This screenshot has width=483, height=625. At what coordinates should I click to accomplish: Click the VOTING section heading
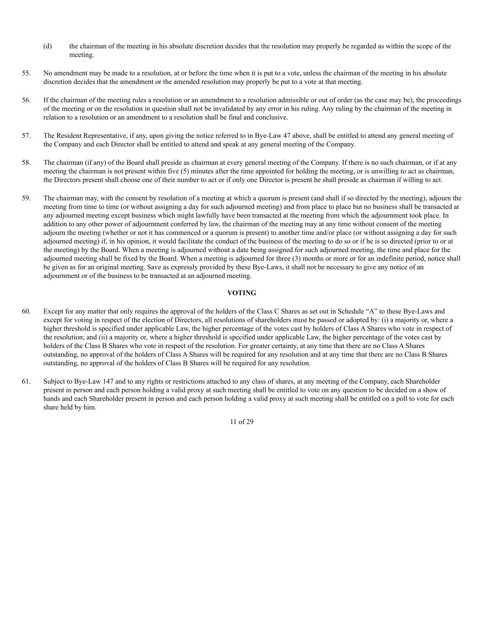click(x=242, y=293)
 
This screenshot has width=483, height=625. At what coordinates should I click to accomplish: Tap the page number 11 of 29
click(x=242, y=422)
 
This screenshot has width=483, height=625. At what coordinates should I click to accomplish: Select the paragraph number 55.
click(x=26, y=73)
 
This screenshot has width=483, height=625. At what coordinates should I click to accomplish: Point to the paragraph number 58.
click(x=26, y=163)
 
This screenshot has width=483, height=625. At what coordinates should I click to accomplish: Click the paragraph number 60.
click(x=26, y=311)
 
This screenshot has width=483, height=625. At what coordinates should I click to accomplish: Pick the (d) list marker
click(x=48, y=46)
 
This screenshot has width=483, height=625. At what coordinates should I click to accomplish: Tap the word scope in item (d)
click(x=414, y=46)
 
